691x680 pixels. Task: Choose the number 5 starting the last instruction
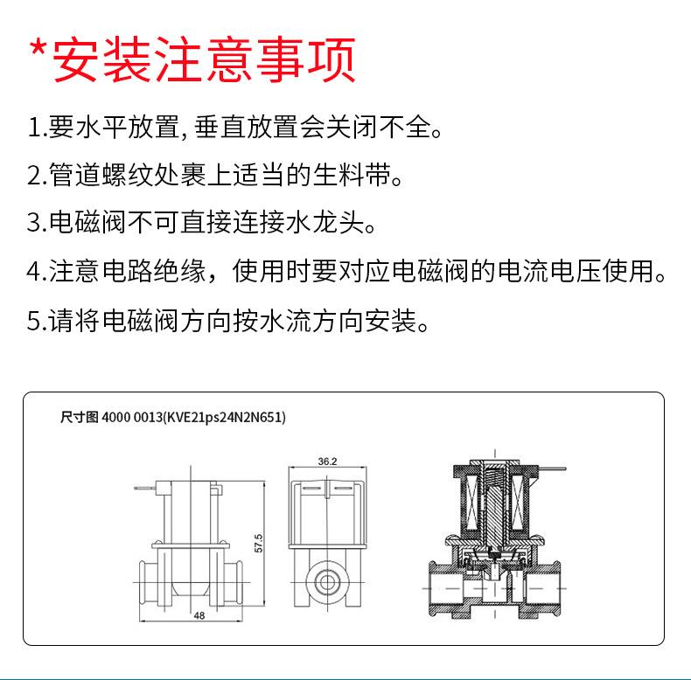click(33, 321)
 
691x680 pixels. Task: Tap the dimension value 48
click(199, 616)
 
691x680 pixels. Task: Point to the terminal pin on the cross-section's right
click(552, 474)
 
